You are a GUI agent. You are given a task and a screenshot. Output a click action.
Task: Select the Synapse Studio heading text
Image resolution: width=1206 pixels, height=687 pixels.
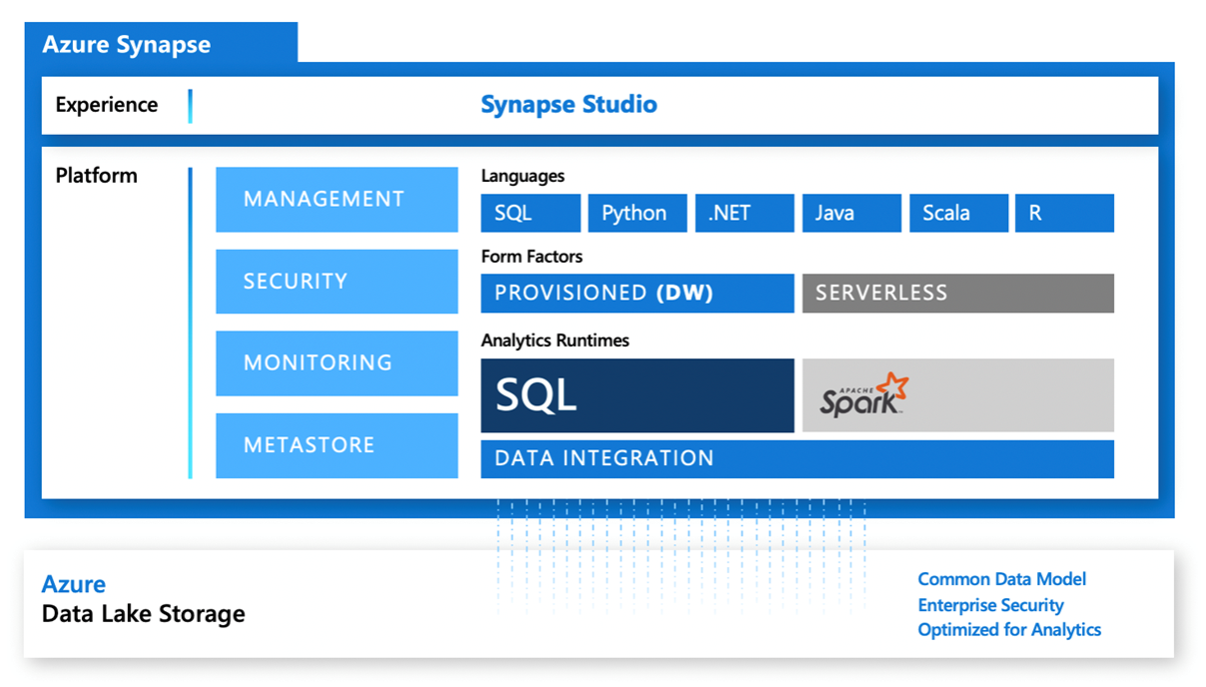coord(569,104)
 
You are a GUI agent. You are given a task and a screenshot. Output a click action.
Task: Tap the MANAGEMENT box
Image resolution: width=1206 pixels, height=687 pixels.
coord(336,199)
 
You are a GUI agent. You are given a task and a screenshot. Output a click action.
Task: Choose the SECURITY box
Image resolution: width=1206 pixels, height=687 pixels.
coord(336,281)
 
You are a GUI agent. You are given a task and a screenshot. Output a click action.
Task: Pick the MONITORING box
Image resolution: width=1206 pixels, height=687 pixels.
coord(336,362)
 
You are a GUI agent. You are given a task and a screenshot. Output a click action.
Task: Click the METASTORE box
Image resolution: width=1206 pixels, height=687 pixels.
coord(336,444)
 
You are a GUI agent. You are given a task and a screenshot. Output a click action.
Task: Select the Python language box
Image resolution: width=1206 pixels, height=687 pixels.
coord(637,213)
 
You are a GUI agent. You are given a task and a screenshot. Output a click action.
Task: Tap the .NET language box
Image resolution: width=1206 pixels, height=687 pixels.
coord(745,213)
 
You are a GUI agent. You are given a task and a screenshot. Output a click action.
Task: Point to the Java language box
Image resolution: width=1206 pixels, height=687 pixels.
coord(852,213)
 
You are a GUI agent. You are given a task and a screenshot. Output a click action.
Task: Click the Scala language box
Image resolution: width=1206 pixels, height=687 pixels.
coord(958,213)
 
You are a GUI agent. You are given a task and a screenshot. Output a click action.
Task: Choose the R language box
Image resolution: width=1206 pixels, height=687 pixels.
coord(1064,213)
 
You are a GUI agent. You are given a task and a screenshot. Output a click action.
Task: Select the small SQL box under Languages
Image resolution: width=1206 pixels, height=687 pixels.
coord(530,213)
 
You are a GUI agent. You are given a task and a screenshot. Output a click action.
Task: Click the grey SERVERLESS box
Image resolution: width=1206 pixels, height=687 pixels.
coord(957,293)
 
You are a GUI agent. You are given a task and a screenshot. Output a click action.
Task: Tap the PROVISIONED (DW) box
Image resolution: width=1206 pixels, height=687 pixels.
coord(637,293)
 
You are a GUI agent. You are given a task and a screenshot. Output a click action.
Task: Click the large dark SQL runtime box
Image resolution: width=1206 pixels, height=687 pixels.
coord(637,395)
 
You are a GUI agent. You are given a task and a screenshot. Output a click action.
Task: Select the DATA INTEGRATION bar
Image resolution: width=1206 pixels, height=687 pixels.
coord(797,458)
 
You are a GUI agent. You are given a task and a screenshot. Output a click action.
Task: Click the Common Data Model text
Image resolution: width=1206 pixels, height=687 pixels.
coord(1001,579)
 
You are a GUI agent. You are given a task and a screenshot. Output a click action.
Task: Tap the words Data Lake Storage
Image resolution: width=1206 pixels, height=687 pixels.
coord(143,613)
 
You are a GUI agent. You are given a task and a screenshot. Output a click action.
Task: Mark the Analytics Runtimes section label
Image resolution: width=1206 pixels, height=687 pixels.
coord(555,341)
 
